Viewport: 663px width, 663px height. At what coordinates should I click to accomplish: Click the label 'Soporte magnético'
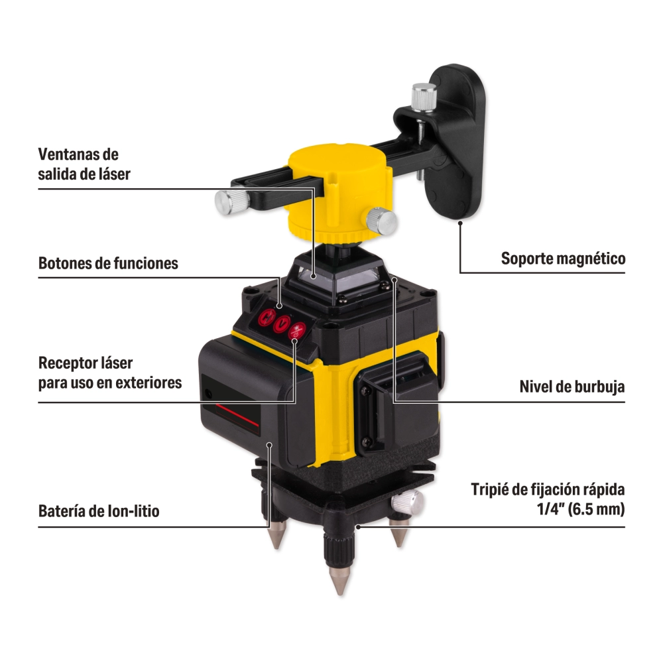tap(563, 259)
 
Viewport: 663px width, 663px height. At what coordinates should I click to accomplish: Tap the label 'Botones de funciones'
tap(108, 263)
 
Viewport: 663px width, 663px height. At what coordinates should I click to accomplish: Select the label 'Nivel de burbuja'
tap(572, 387)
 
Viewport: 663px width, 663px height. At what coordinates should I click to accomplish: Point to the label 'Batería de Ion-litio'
tap(99, 511)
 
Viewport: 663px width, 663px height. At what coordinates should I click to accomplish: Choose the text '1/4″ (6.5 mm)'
tap(581, 509)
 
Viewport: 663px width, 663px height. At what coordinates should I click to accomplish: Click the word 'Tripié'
tap(490, 489)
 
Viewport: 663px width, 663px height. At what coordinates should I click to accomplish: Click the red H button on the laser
tap(267, 317)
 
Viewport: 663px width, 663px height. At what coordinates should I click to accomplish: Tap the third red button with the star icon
tap(297, 331)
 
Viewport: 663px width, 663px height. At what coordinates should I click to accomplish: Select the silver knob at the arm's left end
tap(231, 202)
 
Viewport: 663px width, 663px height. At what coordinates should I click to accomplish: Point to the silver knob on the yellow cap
tap(381, 221)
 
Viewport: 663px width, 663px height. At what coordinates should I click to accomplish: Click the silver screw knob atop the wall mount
tap(424, 97)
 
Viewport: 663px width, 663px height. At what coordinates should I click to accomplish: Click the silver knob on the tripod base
tap(407, 502)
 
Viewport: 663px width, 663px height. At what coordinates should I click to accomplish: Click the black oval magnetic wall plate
tap(457, 142)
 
